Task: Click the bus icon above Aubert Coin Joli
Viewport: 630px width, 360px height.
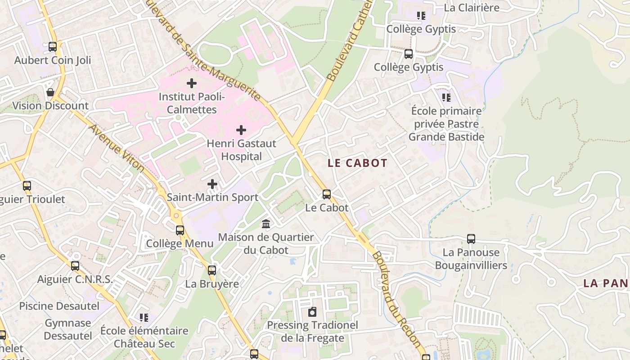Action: [x=53, y=47]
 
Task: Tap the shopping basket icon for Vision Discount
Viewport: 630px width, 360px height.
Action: [x=50, y=92]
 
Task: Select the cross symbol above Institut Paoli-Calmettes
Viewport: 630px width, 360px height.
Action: [x=192, y=83]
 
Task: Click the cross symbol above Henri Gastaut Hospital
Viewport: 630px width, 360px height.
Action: [x=241, y=130]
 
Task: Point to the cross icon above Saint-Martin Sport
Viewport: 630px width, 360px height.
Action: [x=212, y=184]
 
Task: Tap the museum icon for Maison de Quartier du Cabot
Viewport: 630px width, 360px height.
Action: [x=266, y=224]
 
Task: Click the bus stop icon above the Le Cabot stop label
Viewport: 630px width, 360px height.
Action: [x=327, y=194]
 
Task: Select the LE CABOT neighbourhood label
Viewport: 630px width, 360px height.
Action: [x=357, y=163]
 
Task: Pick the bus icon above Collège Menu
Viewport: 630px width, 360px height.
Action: [x=180, y=230]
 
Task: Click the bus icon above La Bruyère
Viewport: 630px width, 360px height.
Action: [x=212, y=270]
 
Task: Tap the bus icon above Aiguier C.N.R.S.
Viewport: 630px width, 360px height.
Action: [x=75, y=266]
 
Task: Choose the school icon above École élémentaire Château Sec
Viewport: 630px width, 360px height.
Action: [x=144, y=318]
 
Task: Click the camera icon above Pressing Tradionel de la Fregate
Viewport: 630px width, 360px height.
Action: [x=312, y=312]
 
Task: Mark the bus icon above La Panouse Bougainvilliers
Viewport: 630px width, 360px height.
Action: [x=471, y=239]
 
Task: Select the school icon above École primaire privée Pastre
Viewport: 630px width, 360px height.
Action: [x=446, y=97]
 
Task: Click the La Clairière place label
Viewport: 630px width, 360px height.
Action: [x=472, y=8]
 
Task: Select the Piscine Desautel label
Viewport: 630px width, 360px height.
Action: [x=59, y=306]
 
